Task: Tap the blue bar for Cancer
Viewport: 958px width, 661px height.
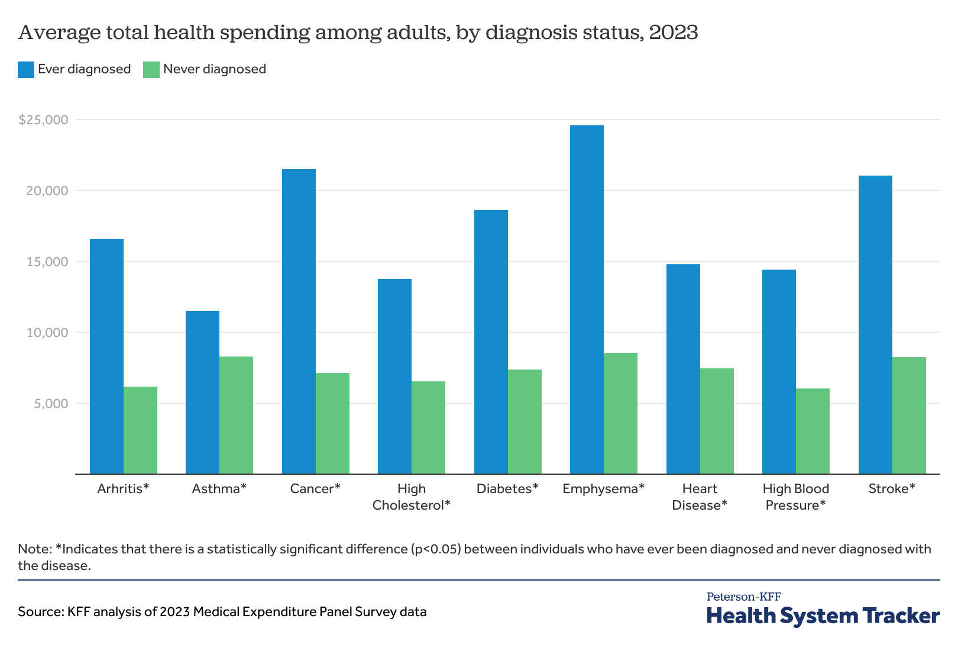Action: (299, 322)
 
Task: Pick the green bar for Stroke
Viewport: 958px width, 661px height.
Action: (909, 416)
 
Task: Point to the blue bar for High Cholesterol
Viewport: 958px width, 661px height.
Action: (394, 377)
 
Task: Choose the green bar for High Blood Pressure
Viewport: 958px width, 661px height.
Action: (813, 431)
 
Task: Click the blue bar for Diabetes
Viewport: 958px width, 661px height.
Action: (491, 342)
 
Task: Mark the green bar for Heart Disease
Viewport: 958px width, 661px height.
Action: (717, 421)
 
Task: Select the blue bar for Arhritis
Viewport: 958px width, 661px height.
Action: (106, 357)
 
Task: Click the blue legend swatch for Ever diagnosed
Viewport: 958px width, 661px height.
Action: (26, 69)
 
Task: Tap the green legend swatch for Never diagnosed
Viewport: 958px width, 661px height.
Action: (151, 69)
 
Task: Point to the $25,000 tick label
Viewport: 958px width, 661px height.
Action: (43, 120)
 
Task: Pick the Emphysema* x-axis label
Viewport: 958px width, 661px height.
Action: (603, 489)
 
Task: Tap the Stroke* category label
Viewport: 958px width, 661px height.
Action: (892, 489)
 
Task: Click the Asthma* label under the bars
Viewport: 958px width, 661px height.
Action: (219, 489)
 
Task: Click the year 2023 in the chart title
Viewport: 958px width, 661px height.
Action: (673, 32)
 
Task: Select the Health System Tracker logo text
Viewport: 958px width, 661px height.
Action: (823, 616)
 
